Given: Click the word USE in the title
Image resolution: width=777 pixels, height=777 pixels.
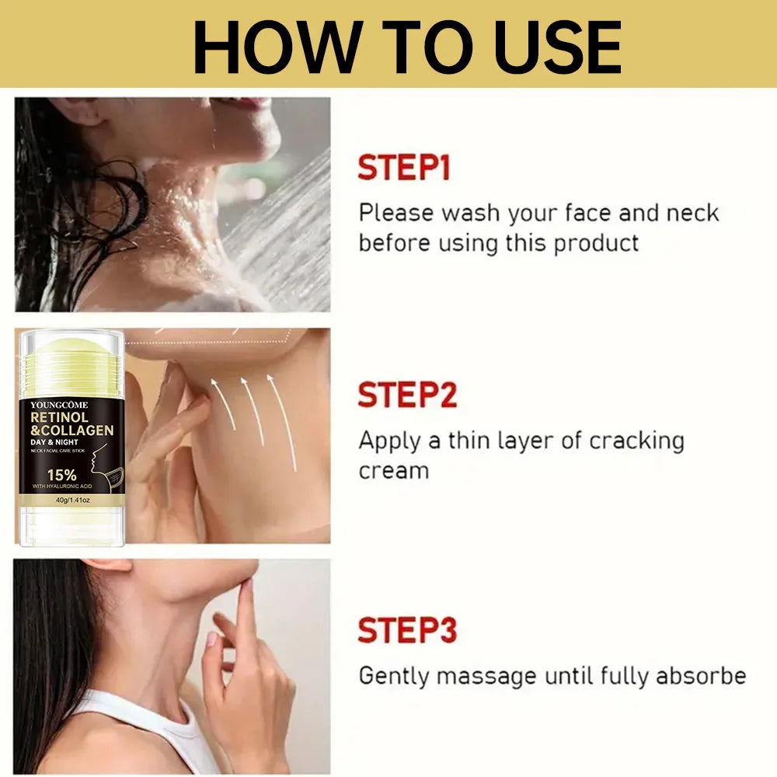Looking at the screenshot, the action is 558,47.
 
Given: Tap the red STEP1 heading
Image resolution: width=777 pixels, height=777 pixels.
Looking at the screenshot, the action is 404,168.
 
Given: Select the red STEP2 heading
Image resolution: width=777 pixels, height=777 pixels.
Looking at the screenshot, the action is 407,395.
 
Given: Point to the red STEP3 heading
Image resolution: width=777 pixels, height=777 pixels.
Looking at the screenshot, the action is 407,630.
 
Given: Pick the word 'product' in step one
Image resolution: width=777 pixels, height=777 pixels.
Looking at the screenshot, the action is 596,244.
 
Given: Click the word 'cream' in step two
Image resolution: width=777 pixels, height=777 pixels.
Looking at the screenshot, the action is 394,472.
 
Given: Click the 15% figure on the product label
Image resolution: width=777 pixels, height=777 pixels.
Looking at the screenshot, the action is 62,476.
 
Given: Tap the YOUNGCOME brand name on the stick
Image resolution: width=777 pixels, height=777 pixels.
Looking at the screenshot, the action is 59,405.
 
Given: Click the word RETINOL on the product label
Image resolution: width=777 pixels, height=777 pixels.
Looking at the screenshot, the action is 60,417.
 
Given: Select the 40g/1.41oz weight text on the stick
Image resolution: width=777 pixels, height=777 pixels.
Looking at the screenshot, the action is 73,500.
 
